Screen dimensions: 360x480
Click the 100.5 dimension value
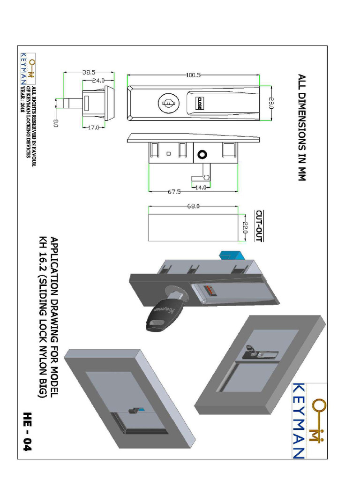[193, 75]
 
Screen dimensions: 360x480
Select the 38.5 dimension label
[89, 73]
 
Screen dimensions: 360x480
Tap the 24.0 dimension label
[98, 81]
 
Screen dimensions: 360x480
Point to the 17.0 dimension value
[93, 127]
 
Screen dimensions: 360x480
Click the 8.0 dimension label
[56, 123]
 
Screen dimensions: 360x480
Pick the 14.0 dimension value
[201, 187]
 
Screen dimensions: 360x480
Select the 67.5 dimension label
[174, 192]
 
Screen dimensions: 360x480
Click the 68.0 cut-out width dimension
[194, 206]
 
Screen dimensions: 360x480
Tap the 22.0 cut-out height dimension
[245, 228]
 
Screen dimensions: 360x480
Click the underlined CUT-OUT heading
[259, 226]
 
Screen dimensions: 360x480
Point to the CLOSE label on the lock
[199, 104]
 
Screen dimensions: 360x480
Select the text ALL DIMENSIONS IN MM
[302, 127]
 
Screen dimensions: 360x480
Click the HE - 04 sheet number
[27, 432]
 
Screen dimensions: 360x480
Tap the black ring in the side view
[202, 155]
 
